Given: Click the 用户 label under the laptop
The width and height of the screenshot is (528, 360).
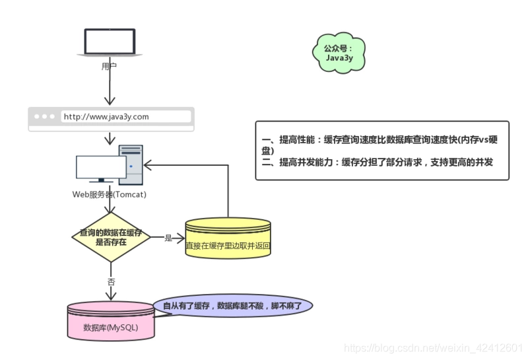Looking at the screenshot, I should [110, 66].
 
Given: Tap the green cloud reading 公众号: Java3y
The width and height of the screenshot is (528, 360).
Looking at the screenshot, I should [339, 53].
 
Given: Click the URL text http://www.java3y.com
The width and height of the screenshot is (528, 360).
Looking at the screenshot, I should [106, 117].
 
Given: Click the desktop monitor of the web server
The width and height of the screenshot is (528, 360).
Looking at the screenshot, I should [100, 169].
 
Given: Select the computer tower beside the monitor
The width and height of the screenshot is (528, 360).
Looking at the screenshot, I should [131, 166].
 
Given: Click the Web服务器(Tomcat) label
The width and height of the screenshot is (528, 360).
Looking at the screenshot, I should [110, 195].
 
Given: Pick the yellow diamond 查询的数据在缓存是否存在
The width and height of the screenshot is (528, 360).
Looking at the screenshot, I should [110, 237].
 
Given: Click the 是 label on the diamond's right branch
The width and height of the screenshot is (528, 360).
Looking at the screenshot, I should [168, 238].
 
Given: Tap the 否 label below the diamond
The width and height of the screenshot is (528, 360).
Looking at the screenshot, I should [111, 282].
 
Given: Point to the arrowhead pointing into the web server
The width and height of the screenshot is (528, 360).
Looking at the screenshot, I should [148, 164].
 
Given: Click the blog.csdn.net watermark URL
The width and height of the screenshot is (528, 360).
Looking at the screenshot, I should [434, 347].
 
